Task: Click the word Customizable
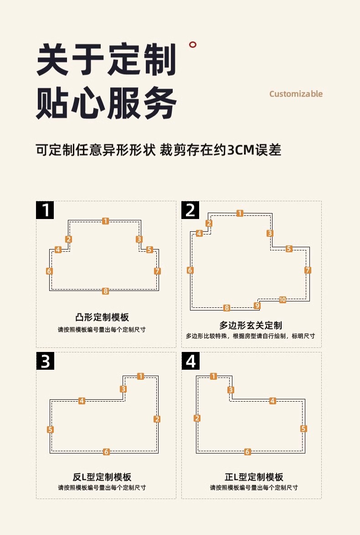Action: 296,94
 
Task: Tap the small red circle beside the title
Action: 193,45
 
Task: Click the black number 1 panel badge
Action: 46,210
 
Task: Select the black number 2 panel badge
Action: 190,210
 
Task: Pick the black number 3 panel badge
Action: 46,361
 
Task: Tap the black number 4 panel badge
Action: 190,361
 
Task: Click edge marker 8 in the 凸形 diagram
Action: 105,291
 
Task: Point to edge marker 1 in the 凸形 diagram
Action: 105,221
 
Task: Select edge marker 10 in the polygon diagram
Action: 283,300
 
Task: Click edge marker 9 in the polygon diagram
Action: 257,306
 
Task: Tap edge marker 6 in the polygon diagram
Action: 190,270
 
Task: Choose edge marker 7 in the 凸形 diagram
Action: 157,271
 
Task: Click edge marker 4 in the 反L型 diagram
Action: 82,401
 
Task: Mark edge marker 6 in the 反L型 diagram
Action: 106,452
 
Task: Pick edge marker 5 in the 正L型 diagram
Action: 303,428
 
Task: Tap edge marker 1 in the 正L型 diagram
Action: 213,376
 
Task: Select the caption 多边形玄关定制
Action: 251,325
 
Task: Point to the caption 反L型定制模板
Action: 102,477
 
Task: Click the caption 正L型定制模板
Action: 254,477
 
